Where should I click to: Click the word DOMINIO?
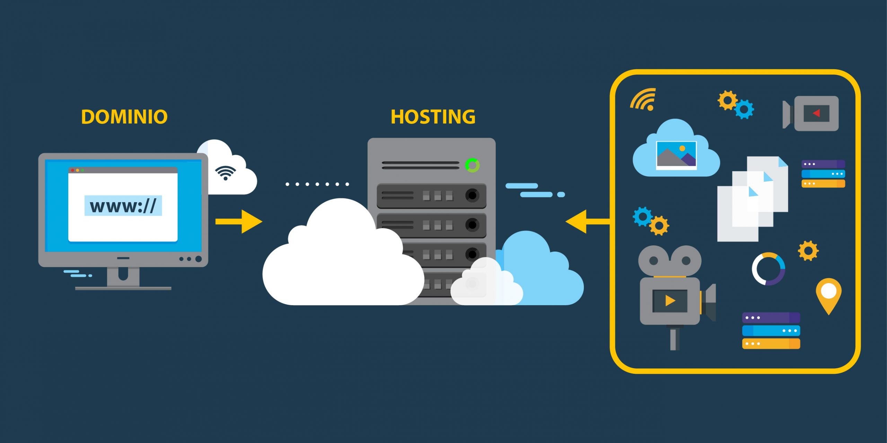point(124,117)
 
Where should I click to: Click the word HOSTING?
point(433,117)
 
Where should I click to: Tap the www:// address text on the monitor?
point(123,206)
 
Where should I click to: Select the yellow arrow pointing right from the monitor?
point(239,221)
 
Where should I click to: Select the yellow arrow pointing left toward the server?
point(587,221)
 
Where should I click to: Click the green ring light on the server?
point(472,165)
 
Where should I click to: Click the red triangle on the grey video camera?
point(816,113)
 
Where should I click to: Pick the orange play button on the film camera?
point(670,301)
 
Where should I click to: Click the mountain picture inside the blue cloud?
point(676,155)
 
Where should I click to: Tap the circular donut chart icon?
point(768,269)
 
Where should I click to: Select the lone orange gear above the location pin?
point(808,251)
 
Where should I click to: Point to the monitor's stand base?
point(123,288)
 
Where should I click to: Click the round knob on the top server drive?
point(472,195)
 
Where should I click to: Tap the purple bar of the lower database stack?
point(771,317)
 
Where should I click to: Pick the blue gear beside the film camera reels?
point(643,217)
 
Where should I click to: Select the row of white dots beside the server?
point(317,184)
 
